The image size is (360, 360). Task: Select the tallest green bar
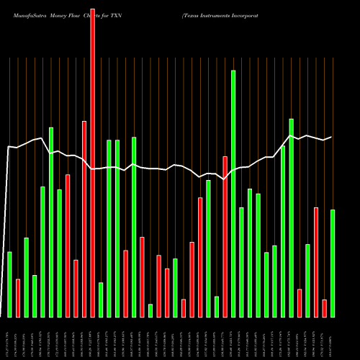click(233, 194)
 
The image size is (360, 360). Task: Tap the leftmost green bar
click(9, 284)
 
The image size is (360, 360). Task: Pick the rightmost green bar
click(333, 264)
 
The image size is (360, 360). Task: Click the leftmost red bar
click(18, 298)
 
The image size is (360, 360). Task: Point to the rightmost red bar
click(324, 308)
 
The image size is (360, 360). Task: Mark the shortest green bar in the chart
click(150, 310)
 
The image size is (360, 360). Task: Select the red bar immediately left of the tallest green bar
click(225, 237)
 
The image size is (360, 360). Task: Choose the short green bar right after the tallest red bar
click(101, 300)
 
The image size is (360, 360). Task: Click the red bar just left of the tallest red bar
click(84, 219)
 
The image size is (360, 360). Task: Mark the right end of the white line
click(331, 137)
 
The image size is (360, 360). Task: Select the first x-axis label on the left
click(9, 339)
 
